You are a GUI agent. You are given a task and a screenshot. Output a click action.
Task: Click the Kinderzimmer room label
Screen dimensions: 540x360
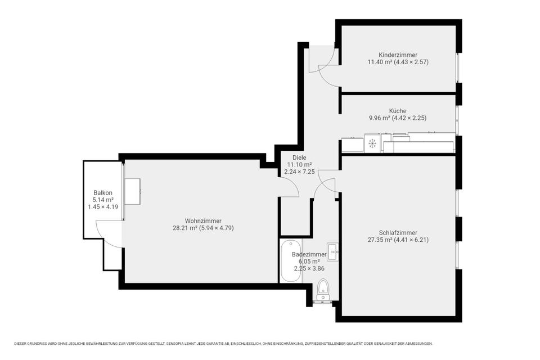click(x=398, y=55)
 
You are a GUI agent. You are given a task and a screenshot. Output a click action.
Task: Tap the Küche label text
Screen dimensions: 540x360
click(x=398, y=111)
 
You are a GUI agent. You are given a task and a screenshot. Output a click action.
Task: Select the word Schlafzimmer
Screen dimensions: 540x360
click(x=398, y=232)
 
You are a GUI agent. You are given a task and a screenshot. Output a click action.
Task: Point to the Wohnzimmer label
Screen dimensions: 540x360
click(x=203, y=221)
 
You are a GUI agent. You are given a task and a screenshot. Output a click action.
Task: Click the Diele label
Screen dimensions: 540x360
click(x=299, y=157)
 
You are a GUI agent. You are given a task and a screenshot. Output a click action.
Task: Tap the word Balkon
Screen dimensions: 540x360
click(x=102, y=193)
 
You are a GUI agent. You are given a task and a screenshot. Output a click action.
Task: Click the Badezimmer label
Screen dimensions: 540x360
click(x=309, y=254)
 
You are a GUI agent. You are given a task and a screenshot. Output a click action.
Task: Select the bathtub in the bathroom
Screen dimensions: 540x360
click(x=291, y=261)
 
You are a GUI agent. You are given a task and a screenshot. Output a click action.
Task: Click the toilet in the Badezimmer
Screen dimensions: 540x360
click(x=323, y=289)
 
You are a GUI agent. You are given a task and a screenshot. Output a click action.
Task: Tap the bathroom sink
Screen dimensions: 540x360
click(x=332, y=252)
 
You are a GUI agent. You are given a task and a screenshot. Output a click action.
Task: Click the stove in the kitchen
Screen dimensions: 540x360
click(x=372, y=143)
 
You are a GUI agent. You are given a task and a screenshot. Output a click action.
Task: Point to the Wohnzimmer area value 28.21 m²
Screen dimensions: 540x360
click(x=184, y=228)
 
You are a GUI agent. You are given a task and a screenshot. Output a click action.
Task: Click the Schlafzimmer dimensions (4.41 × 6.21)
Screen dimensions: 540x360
click(x=411, y=240)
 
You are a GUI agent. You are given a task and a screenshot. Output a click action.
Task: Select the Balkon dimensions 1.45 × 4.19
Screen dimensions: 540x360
click(x=103, y=207)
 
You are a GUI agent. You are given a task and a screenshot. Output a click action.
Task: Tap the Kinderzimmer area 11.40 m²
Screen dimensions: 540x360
click(x=380, y=62)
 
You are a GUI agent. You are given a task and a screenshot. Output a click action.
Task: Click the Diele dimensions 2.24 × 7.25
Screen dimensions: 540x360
click(x=299, y=172)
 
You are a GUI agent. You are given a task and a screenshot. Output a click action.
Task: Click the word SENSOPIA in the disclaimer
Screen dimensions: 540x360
click(x=175, y=344)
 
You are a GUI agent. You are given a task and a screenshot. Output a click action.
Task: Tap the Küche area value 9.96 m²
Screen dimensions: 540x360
click(x=379, y=118)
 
